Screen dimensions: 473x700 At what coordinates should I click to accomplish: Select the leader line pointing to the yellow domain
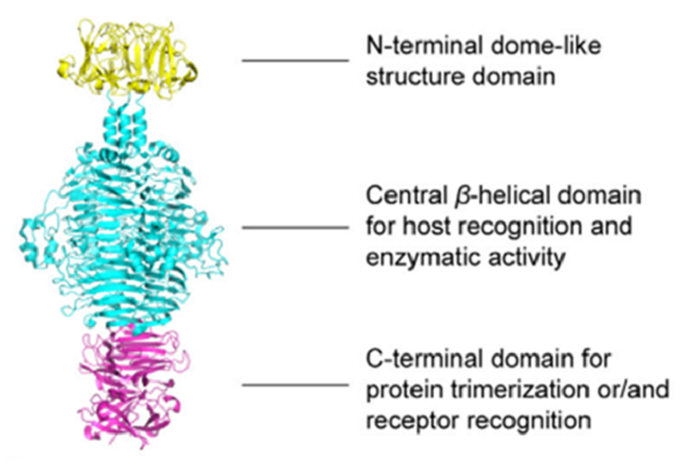295,60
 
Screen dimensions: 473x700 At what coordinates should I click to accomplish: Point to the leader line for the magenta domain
295,385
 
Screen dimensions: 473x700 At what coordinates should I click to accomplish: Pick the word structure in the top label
405,76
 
